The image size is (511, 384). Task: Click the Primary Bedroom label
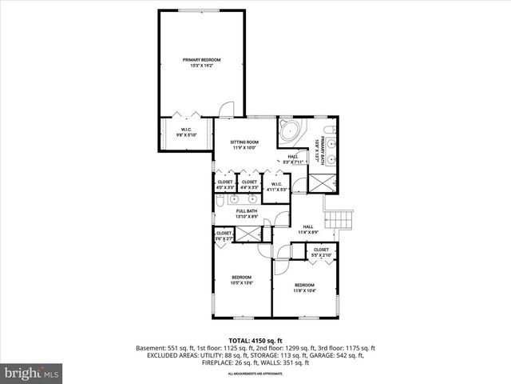tap(201, 60)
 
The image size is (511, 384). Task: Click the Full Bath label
tap(246, 211)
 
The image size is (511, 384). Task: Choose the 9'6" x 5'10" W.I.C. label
tap(185, 135)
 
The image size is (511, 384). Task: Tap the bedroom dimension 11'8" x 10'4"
tap(304, 290)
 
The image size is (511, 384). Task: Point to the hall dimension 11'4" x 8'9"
tap(308, 232)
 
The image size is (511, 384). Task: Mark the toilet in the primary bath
tap(328, 132)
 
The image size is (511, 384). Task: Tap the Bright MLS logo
tap(32, 373)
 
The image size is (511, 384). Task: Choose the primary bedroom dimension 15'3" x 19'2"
tap(201, 66)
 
